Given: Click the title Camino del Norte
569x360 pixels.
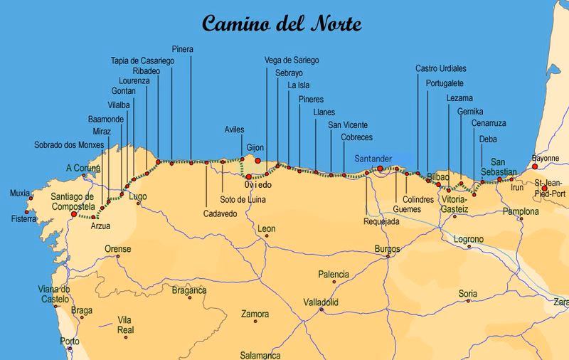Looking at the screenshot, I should click(282, 23).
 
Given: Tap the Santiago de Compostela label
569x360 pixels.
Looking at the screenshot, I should click(63, 201).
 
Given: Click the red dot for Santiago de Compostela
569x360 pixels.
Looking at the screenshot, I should click(74, 213).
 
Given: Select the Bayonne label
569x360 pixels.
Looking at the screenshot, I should click(546, 159).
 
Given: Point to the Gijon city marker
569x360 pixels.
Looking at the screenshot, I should click(257, 161).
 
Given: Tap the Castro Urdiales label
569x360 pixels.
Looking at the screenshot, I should click(441, 68).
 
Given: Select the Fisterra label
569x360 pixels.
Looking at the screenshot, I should click(23, 218).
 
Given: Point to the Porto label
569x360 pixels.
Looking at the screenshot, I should click(70, 342).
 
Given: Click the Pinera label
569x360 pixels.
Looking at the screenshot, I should click(183, 49).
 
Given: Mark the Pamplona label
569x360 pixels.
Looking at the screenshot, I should click(521, 211).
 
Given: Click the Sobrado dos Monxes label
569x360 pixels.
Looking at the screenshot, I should click(69, 144).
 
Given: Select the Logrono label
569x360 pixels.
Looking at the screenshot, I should click(469, 239).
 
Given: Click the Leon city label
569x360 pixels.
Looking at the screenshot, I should click(267, 229).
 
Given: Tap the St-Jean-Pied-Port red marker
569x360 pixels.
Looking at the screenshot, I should click(544, 169).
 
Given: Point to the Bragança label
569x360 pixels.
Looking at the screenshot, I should click(188, 290).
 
